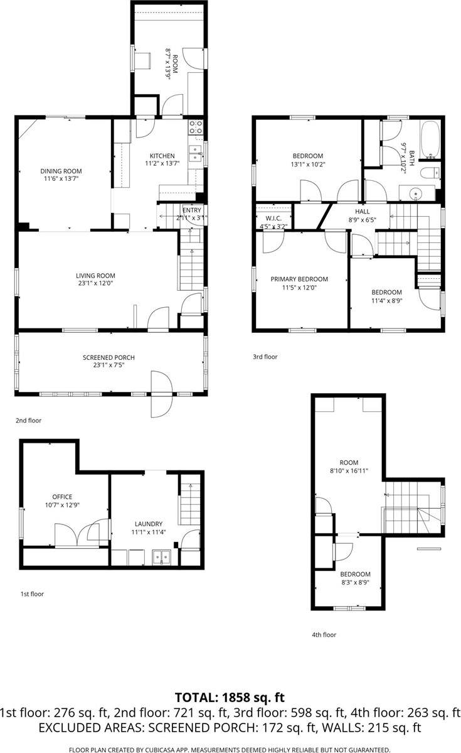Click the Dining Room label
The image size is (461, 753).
[61, 171]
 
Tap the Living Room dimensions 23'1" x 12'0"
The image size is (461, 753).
[95, 283]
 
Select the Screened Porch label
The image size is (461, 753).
[109, 357]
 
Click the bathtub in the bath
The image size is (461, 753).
[430, 139]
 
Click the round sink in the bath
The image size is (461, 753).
[416, 194]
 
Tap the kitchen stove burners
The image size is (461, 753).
[196, 127]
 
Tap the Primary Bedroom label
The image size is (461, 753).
[299, 279]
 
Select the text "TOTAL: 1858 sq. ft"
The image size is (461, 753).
[230, 696]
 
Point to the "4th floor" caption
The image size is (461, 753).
[324, 634]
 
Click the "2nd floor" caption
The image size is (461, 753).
[29, 420]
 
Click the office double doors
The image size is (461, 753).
[82, 532]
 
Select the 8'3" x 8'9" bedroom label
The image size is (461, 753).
[355, 573]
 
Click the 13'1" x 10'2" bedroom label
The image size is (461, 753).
[307, 156]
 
